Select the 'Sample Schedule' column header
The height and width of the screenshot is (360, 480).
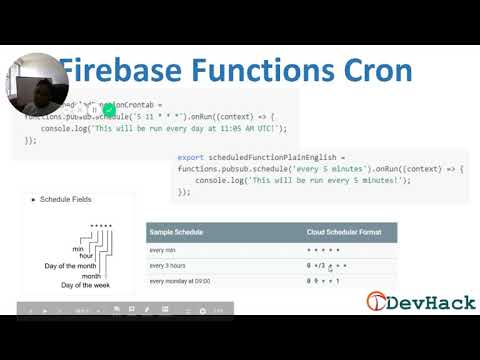(x=176, y=232)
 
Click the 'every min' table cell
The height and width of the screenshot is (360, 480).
(x=162, y=249)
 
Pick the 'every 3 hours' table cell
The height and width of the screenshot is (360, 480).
(x=169, y=265)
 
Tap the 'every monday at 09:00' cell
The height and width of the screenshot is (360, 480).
(x=183, y=281)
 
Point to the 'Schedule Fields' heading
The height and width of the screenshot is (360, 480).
(x=65, y=200)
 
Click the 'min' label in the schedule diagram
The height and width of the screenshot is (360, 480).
(x=77, y=248)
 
